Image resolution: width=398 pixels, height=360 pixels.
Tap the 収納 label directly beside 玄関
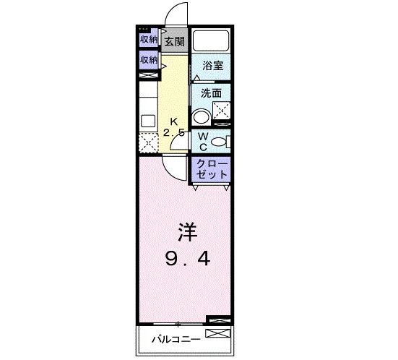(x=149, y=40)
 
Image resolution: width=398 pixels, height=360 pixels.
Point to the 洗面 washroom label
(x=211, y=93)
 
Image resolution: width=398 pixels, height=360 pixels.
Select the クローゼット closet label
(x=212, y=168)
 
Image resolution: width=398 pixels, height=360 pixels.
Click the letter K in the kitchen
(x=173, y=121)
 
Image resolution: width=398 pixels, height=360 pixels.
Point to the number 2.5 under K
(x=173, y=133)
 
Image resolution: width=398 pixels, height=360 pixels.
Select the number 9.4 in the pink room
(x=186, y=258)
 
